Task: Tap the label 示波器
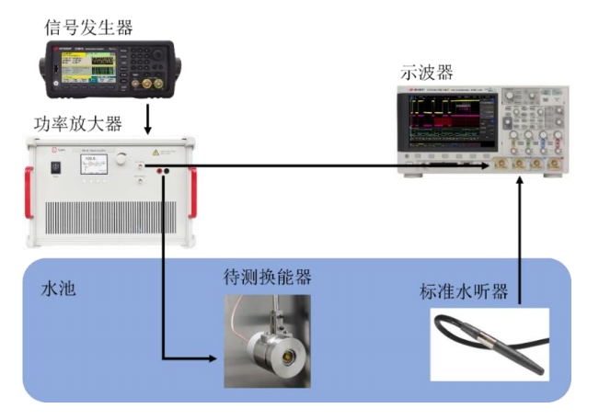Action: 426,73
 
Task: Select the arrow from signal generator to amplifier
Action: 148,117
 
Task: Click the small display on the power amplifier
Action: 94,164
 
